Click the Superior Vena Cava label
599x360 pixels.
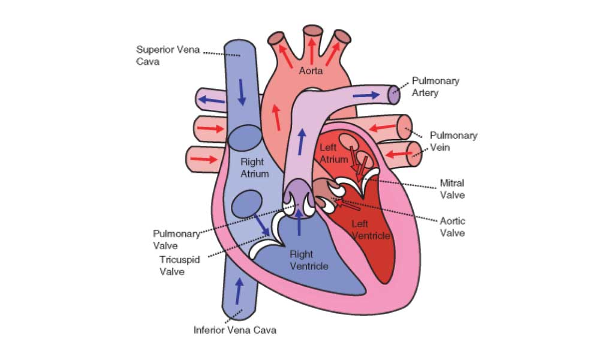click(x=168, y=55)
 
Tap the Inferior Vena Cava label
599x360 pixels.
click(x=235, y=330)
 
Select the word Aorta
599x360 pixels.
click(x=311, y=71)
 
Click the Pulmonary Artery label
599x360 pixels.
click(x=435, y=87)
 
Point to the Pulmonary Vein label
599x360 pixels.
click(x=453, y=142)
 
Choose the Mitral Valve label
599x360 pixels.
click(x=452, y=189)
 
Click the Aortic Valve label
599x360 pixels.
click(x=452, y=227)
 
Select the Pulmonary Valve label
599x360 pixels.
click(x=176, y=239)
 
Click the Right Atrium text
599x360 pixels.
click(x=254, y=168)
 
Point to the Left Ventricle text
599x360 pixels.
click(x=371, y=230)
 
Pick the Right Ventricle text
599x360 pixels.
click(x=309, y=260)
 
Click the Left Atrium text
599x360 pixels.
click(x=334, y=153)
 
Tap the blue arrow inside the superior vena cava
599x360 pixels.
click(x=242, y=92)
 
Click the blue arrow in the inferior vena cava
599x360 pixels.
click(x=239, y=291)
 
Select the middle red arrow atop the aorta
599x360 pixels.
click(x=312, y=51)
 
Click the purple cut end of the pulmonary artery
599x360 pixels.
click(x=394, y=95)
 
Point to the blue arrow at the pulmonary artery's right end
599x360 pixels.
click(x=366, y=95)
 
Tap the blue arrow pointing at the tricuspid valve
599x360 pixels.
click(x=262, y=225)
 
